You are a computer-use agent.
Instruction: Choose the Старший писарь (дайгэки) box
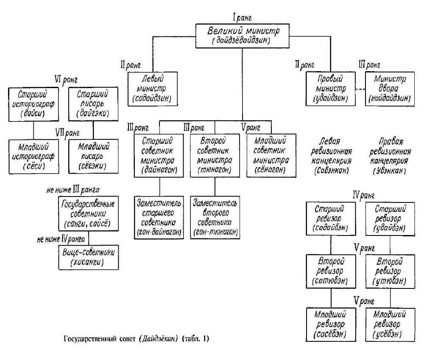click(x=93, y=103)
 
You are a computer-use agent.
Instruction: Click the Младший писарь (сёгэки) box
click(x=93, y=156)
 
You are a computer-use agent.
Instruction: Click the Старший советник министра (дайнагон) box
click(x=159, y=155)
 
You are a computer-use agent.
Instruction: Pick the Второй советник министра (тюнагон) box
click(x=215, y=155)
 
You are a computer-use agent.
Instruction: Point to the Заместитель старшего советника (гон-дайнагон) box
click(x=159, y=216)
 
